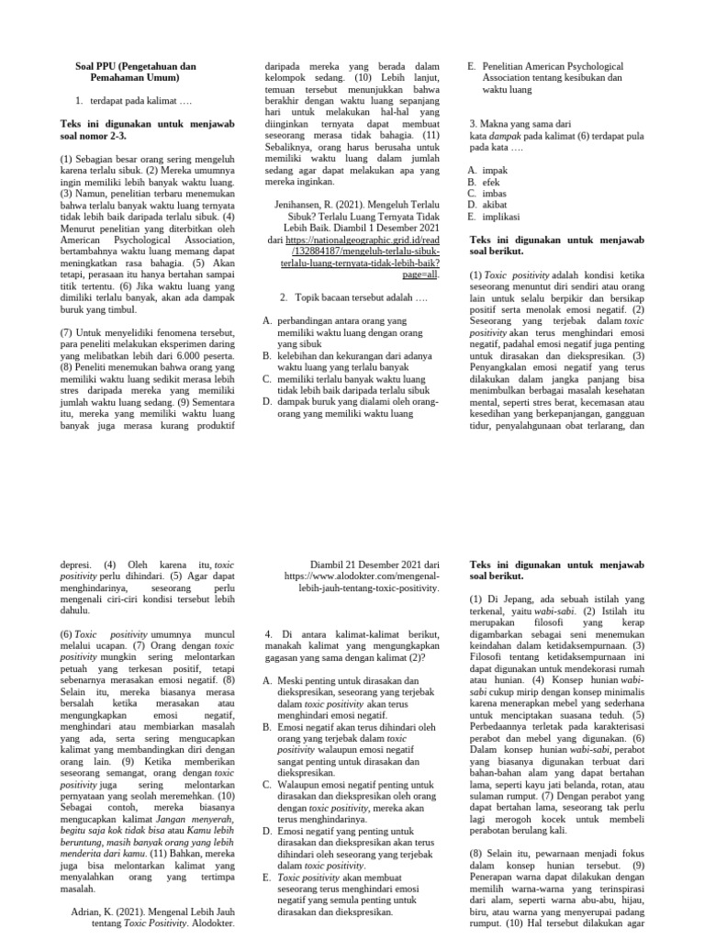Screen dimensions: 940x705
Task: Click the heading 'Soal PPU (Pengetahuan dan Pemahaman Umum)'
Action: coord(135,73)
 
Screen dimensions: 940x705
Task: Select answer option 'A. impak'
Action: coord(488,170)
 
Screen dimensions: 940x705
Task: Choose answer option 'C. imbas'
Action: coord(489,194)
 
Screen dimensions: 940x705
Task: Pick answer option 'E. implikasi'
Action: coord(495,218)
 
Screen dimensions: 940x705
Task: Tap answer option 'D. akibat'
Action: coord(489,206)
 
